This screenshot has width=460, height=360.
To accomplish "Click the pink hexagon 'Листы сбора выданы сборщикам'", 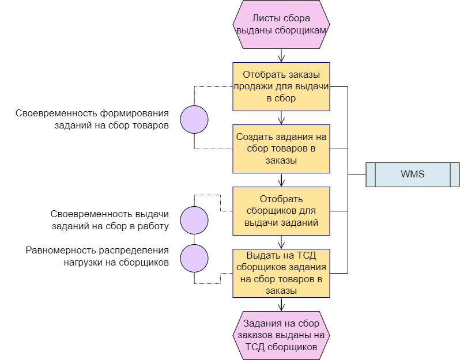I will pos(281,24).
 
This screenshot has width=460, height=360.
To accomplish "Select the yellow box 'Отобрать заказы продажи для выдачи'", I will pos(281,86).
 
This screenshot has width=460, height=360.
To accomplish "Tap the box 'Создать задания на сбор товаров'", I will pos(281,149).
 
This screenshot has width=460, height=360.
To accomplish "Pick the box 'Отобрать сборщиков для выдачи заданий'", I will pos(281,211).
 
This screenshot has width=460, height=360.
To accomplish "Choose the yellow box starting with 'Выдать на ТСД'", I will pos(281,273).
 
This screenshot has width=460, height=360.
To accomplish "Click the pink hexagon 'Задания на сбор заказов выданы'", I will pos(281,335).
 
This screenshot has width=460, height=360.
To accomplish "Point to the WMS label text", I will pos(413,174).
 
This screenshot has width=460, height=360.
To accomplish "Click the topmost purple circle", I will pos(194,120).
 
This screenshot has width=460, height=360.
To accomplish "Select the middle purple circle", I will pos(194,220).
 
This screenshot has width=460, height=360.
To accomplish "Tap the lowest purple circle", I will pos(194,258).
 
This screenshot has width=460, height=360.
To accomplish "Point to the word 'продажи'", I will pos(254,86).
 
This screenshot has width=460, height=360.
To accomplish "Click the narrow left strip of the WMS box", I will pos(371,175).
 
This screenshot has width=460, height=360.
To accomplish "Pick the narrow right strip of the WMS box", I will pos(454,175).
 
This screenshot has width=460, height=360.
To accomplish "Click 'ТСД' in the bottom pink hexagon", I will pos(255,347).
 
